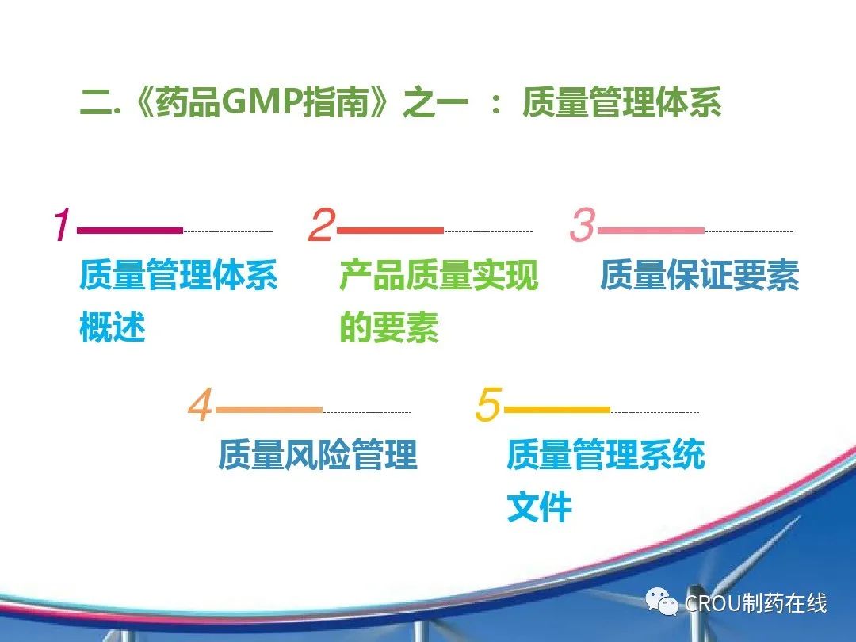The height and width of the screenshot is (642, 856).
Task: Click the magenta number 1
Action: coord(63,224)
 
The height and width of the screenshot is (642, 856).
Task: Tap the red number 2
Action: coord(322,224)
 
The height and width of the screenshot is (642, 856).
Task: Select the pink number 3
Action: coord(583,224)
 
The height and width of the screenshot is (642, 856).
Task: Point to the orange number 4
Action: coord(201,404)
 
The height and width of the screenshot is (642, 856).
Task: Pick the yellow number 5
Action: coord(488,404)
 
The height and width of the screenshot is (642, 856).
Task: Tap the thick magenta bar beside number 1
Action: coord(130,231)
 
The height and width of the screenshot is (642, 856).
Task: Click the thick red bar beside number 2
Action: coord(390,231)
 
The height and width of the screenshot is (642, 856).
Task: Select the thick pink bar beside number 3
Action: coord(651,231)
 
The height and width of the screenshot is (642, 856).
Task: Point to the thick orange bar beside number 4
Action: coord(269,410)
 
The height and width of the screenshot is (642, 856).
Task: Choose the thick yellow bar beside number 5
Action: coord(557,410)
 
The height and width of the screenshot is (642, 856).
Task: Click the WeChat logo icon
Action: coord(662,602)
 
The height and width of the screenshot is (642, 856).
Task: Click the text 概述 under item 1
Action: coord(113,327)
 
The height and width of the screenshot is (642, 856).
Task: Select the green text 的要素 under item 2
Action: coord(389,327)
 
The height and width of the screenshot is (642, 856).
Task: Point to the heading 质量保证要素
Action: coord(699,274)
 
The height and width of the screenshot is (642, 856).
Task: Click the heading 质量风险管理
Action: coord(318,453)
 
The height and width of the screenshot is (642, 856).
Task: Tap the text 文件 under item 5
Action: coord(540,506)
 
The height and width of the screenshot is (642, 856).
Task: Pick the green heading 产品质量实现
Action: coord(439,274)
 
